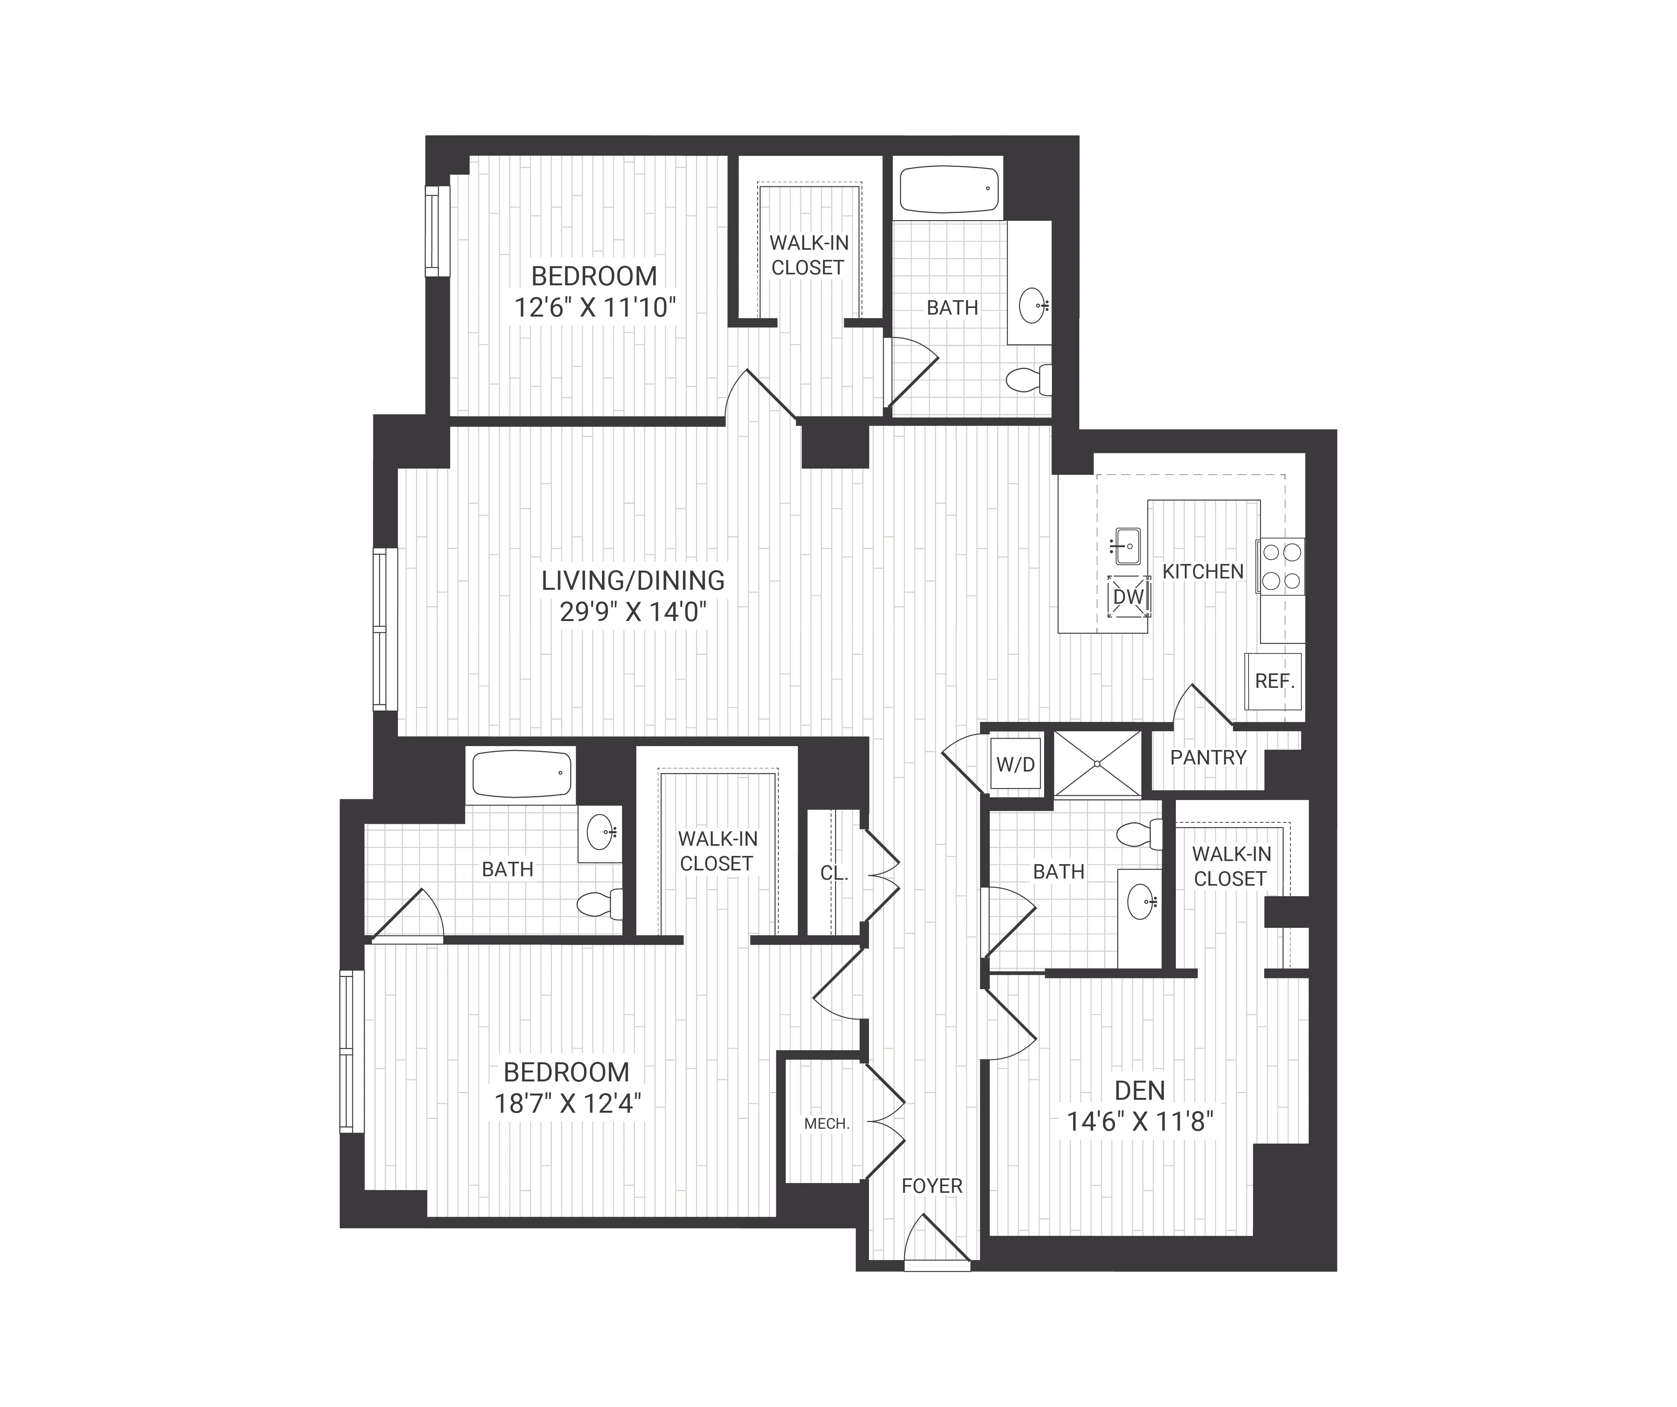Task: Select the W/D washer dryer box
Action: click(1015, 764)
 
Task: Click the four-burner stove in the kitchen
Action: click(1281, 566)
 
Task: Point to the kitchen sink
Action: click(1128, 546)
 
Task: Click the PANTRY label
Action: click(1208, 757)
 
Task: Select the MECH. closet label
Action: click(826, 1124)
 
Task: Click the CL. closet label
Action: click(834, 874)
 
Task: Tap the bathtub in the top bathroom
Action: click(948, 189)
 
